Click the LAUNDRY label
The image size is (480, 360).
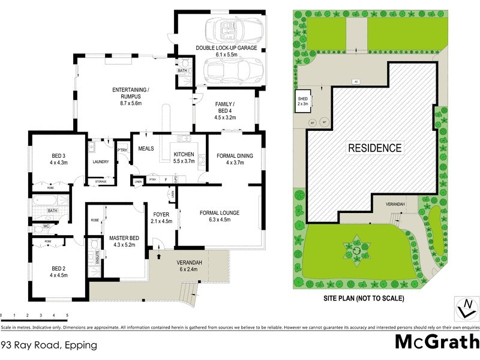tap(100, 161)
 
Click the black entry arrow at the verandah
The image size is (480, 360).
tap(159, 256)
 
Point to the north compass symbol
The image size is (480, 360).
tap(464, 309)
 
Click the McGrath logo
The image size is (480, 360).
tap(437, 341)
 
